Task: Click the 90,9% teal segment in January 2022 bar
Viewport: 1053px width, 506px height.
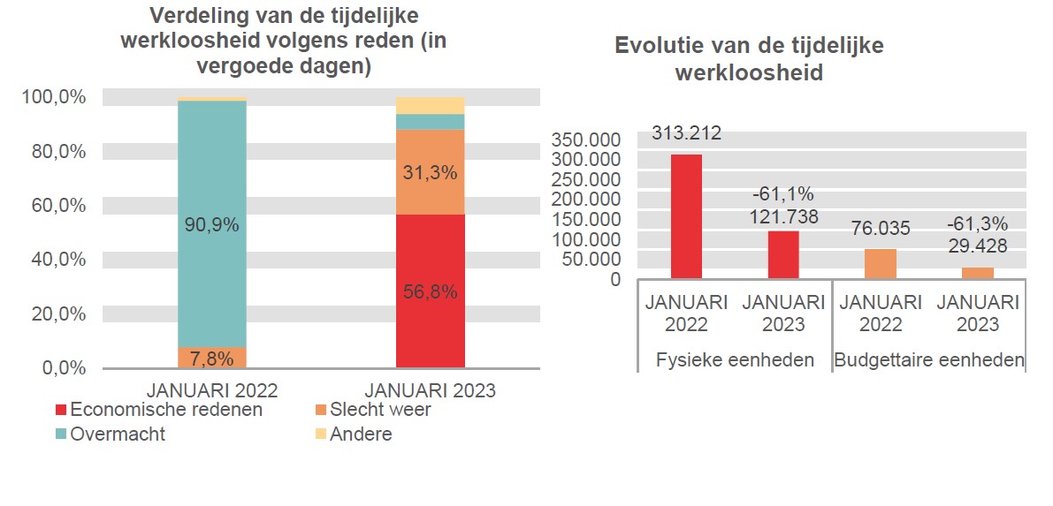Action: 212,224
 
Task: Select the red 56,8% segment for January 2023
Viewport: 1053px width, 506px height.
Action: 431,291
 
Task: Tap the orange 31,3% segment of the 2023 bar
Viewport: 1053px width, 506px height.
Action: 431,172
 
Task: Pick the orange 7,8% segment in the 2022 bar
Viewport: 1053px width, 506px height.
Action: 212,358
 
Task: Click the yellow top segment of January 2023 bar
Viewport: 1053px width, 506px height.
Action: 431,105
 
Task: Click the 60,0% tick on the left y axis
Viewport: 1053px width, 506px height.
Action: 53,205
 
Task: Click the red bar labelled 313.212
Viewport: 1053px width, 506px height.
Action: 686,216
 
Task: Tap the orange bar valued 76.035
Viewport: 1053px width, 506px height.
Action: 881,263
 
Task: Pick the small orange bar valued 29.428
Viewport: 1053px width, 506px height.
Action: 978,273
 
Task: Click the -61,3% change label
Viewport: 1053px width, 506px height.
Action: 977,223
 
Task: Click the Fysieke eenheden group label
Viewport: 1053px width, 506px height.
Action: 735,360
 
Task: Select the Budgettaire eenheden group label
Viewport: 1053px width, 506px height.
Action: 929,360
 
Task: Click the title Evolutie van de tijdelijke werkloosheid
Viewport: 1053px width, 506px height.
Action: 749,59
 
